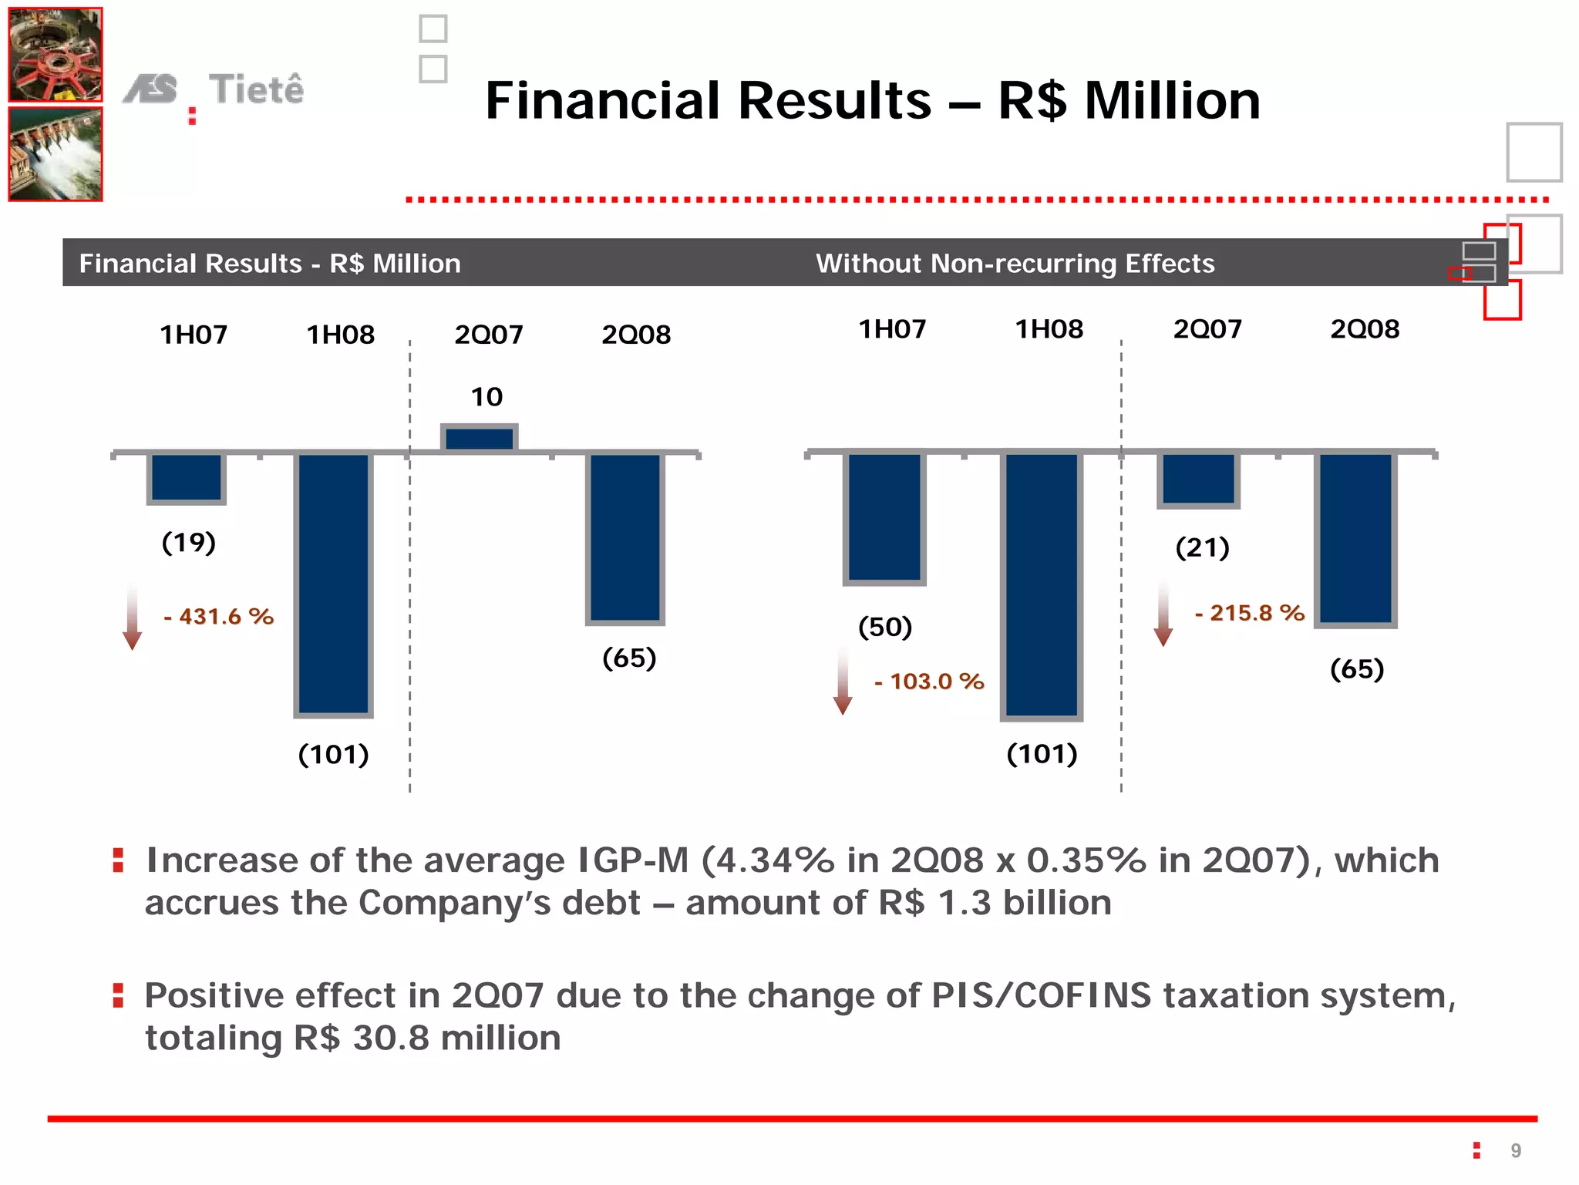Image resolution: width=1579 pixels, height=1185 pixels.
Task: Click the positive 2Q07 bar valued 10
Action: click(479, 438)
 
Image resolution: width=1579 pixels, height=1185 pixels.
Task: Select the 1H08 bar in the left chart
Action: click(334, 584)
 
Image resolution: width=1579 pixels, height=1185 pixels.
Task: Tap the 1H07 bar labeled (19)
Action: click(187, 478)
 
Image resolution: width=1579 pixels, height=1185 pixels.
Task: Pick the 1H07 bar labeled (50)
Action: click(884, 517)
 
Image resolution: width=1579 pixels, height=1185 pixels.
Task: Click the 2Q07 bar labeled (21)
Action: click(1198, 479)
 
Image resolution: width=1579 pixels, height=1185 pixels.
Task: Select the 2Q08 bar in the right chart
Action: click(1355, 538)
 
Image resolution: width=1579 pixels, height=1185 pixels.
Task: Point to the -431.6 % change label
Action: click(219, 617)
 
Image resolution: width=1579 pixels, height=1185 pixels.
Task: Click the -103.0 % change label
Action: click(929, 682)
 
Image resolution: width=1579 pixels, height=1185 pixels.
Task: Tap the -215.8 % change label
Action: click(1249, 613)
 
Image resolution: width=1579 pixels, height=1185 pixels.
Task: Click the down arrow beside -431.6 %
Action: click(133, 617)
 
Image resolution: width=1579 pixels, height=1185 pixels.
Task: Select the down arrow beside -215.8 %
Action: click(1163, 614)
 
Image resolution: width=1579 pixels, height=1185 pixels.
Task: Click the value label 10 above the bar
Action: click(486, 397)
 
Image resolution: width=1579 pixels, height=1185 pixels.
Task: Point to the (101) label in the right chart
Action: click(1042, 753)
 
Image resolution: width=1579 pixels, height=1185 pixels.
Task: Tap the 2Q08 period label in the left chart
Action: click(636, 335)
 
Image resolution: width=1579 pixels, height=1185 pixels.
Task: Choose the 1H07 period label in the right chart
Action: click(892, 329)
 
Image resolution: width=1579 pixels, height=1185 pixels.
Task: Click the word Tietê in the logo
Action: click(256, 89)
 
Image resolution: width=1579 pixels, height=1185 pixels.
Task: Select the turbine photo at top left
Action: click(56, 55)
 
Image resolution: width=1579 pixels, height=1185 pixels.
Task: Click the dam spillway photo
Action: click(56, 154)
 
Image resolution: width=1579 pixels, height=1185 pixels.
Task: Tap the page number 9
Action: click(1516, 1151)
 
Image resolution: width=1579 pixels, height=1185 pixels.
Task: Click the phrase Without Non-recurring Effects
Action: click(1015, 264)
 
